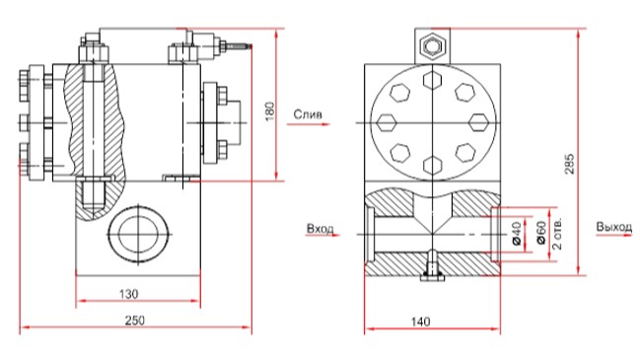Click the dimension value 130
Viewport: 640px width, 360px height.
(128, 294)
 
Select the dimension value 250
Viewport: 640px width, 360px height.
(135, 321)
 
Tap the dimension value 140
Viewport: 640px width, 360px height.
(420, 323)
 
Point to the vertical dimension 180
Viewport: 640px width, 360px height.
(270, 111)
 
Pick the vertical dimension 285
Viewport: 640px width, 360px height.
(570, 164)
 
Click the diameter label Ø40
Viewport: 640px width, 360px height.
(517, 234)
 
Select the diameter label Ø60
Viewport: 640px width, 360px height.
(540, 233)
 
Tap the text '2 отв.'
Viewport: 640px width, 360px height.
(557, 234)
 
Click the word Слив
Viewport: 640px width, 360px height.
(308, 114)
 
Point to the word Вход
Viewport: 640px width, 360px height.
(320, 229)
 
